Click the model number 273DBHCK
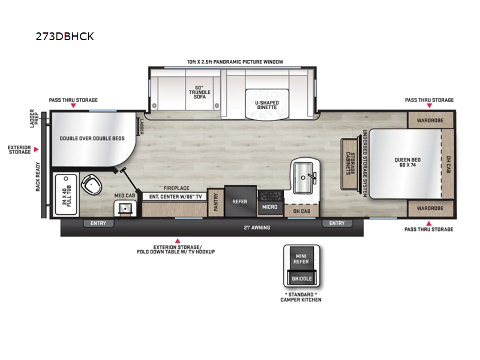tap(65, 37)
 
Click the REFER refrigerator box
tap(240, 202)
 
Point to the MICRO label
tap(269, 207)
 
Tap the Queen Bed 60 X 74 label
tap(406, 162)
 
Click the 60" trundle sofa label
tap(196, 91)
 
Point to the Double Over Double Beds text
tap(92, 138)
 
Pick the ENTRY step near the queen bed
tap(337, 223)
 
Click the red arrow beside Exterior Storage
tap(37, 149)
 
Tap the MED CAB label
tap(125, 196)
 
